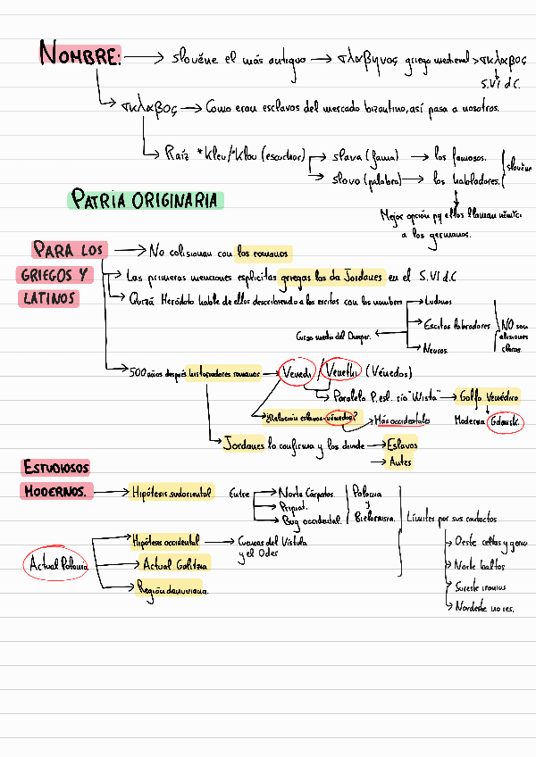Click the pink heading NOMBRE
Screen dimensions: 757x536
[80, 56]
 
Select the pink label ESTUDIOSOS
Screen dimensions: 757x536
[56, 466]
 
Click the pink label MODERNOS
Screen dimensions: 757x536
[56, 491]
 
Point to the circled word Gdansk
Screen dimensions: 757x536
[506, 421]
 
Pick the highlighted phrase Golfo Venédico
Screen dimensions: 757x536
[490, 395]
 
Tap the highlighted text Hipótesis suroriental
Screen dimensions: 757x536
[172, 492]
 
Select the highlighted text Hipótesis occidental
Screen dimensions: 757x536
[165, 541]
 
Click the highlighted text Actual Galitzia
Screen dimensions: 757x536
[175, 565]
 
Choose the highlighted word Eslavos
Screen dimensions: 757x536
[400, 444]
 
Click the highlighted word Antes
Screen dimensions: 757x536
[399, 462]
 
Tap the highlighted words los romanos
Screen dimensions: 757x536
[264, 252]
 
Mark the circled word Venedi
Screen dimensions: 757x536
[296, 372]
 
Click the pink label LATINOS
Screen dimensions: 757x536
[49, 298]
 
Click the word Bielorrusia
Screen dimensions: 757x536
[375, 518]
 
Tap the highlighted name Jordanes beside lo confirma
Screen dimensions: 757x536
[244, 444]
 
